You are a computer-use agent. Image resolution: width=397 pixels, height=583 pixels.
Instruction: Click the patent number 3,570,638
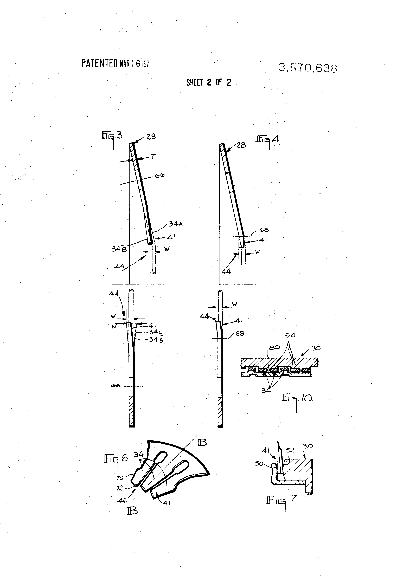click(x=308, y=68)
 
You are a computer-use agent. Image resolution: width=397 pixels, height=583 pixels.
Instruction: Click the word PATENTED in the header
click(x=99, y=63)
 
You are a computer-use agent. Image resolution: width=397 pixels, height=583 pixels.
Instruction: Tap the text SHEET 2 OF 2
click(x=209, y=82)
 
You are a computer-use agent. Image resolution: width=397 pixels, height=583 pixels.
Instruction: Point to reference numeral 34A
click(x=175, y=224)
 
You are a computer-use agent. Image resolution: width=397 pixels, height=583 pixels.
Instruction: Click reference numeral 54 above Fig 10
click(x=290, y=335)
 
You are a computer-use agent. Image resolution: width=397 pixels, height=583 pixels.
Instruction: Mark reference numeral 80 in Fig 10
click(x=274, y=348)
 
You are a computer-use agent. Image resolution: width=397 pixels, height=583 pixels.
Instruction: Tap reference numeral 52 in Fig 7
click(x=290, y=450)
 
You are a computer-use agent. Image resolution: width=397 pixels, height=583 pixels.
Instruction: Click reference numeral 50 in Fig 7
click(x=259, y=464)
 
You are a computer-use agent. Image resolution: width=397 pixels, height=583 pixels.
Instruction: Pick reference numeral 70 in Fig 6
click(x=120, y=478)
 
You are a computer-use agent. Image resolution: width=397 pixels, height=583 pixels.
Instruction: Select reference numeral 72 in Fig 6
click(x=119, y=488)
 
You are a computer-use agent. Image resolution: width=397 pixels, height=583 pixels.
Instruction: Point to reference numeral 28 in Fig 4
click(x=241, y=145)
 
